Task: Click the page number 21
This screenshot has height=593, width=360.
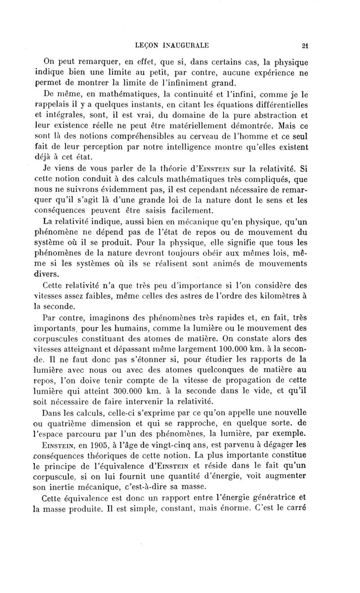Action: point(305,45)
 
